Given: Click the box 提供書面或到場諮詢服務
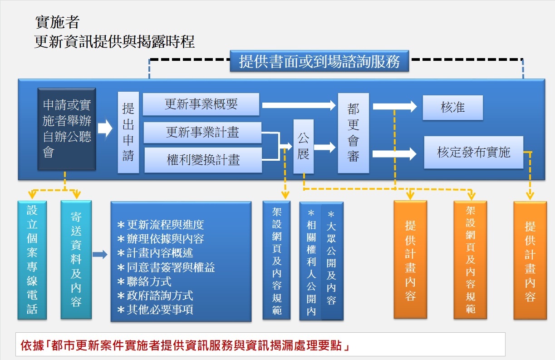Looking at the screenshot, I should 319,61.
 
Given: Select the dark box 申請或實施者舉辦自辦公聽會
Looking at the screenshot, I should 67,129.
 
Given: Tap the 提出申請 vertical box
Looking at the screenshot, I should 128,132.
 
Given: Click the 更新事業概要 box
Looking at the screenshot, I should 201,104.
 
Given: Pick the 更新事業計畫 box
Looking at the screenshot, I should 202,133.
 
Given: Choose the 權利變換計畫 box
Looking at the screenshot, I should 203,160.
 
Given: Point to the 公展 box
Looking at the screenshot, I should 303,146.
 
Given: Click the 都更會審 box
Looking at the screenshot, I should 353,133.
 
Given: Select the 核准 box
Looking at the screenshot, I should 452,108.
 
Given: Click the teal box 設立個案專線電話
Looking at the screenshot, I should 32,260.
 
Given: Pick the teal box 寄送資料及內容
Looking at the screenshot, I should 76,260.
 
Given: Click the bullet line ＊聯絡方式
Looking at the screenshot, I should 144,282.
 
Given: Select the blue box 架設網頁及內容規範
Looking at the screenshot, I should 276,261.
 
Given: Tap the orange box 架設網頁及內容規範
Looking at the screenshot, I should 470,260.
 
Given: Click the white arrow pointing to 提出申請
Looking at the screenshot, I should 105,129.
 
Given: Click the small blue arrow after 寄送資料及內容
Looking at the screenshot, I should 100,255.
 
